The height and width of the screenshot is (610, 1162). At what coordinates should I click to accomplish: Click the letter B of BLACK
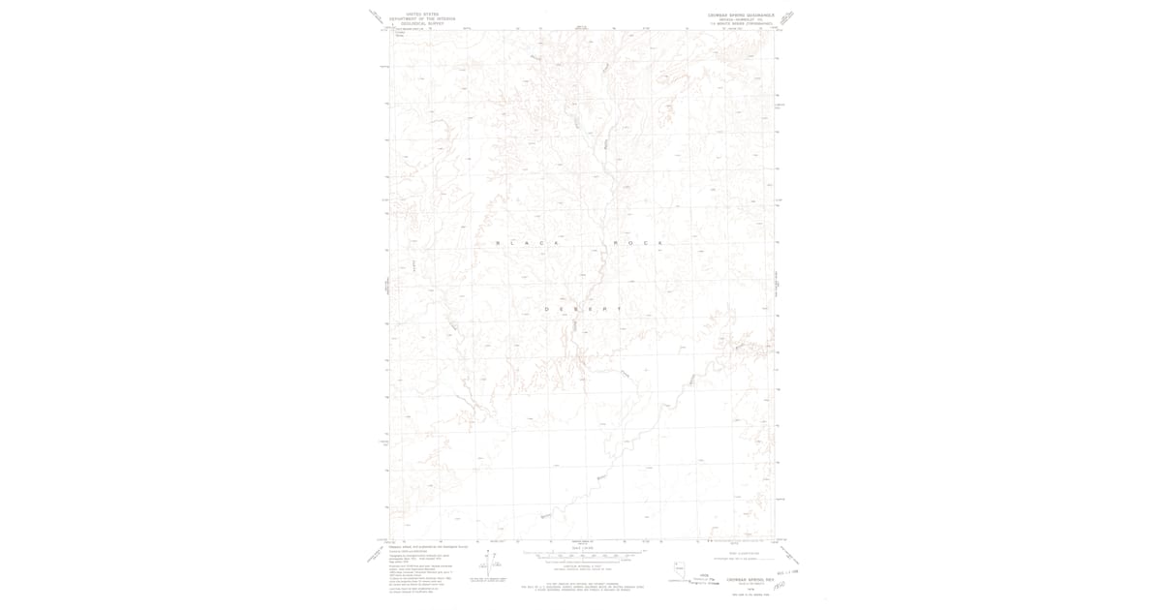pyautogui.click(x=498, y=242)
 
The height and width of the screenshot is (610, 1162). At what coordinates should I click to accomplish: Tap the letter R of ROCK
pyautogui.click(x=613, y=242)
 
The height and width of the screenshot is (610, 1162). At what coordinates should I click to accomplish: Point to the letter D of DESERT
pyautogui.click(x=547, y=309)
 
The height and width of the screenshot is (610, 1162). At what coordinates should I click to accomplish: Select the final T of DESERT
pyautogui.click(x=618, y=309)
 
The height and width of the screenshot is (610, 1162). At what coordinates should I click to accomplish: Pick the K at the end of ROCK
pyautogui.click(x=660, y=242)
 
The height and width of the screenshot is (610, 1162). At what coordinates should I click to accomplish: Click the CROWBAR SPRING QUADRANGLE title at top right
pyautogui.click(x=741, y=15)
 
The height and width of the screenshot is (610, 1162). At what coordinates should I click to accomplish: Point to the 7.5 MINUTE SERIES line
pyautogui.click(x=741, y=22)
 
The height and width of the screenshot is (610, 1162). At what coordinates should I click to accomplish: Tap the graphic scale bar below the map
pyautogui.click(x=581, y=555)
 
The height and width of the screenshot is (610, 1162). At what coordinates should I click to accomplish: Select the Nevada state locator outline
pyautogui.click(x=679, y=568)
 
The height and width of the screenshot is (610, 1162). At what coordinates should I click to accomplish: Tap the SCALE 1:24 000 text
pyautogui.click(x=581, y=547)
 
